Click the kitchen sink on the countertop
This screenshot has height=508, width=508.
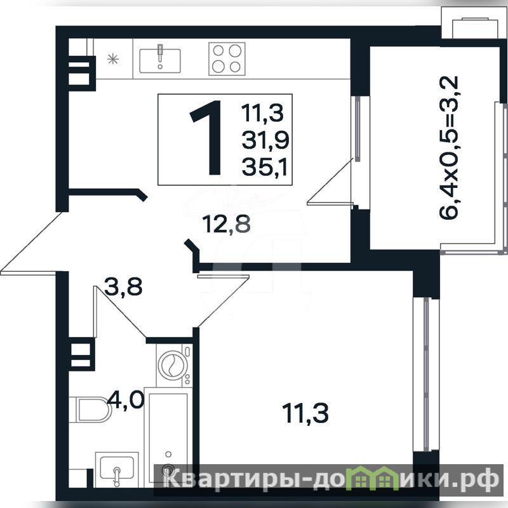click(160, 60)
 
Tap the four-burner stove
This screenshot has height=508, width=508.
click(227, 58)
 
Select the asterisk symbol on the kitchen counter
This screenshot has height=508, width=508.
click(113, 58)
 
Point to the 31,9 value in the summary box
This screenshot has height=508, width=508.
click(265, 141)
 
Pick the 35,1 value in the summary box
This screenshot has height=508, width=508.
click(265, 168)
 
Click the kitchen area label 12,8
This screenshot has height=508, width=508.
click(226, 224)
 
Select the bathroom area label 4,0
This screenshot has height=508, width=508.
click(126, 399)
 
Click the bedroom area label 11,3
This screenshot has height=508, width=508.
click(305, 413)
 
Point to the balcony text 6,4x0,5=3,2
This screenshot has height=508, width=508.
click(449, 148)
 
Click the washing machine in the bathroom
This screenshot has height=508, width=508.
click(174, 365)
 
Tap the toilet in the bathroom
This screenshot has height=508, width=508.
click(90, 409)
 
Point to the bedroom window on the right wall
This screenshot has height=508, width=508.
click(426, 375)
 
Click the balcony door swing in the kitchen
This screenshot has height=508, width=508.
click(330, 182)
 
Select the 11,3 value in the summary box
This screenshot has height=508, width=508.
click(262, 114)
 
